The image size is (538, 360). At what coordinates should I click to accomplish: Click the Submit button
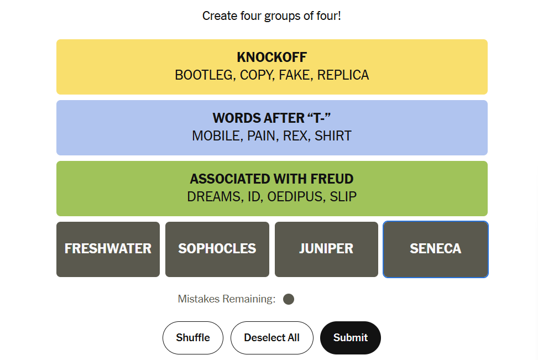coord(351,338)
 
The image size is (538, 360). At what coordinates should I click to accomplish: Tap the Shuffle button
coord(193,338)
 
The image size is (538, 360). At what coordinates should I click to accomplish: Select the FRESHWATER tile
coord(108,249)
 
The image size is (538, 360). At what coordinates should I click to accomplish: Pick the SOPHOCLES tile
coord(217,249)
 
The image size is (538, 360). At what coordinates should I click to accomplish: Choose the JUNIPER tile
coord(326,249)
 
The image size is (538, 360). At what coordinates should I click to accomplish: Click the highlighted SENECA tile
coord(435,249)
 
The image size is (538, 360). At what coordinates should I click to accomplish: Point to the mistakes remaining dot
coord(289,299)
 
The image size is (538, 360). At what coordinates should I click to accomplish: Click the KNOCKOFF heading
coord(271,58)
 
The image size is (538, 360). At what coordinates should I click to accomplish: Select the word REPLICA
coord(343,75)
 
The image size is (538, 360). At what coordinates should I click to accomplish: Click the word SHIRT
coord(333,136)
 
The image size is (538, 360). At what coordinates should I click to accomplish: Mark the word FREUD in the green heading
coord(332,179)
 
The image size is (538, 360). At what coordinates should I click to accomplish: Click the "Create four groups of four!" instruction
coord(271,16)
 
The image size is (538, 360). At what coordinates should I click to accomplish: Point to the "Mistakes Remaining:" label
coord(227,299)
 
